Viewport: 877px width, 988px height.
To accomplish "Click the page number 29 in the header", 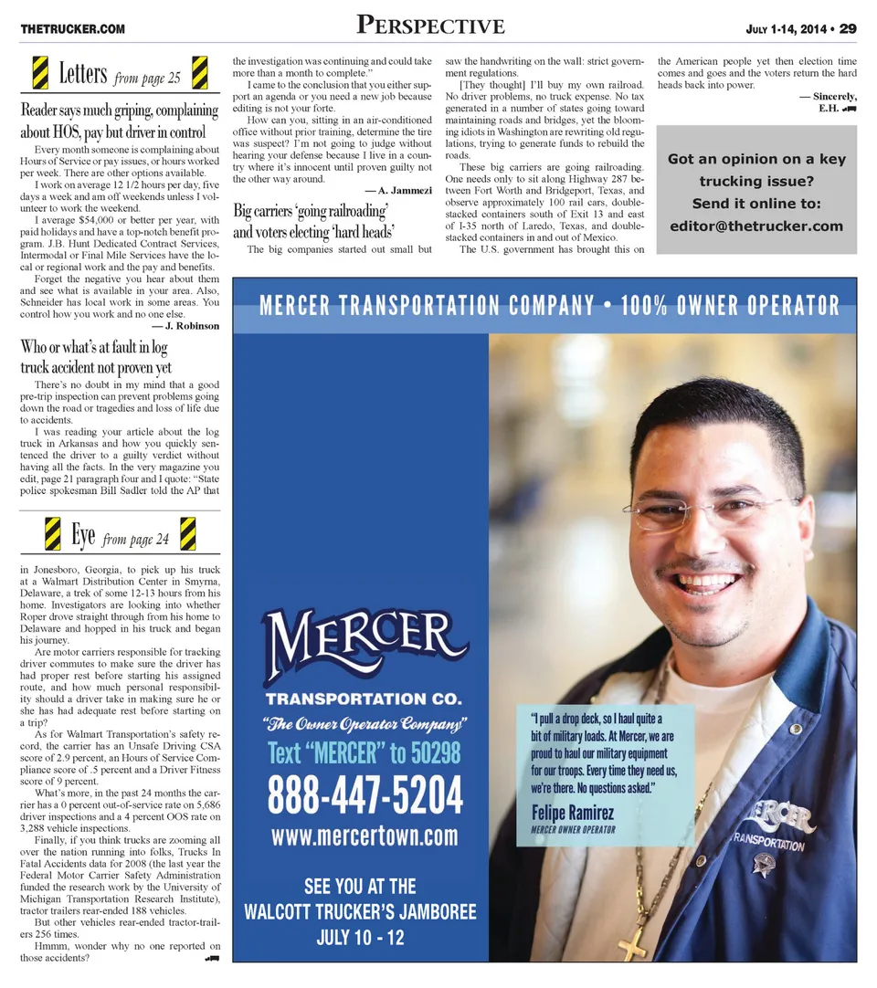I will [x=848, y=29].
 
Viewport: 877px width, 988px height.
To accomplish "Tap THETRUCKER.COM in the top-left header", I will [x=73, y=30].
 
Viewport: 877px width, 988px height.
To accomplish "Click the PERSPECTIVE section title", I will [x=430, y=26].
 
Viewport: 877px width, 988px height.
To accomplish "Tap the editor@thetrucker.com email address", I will [x=755, y=226].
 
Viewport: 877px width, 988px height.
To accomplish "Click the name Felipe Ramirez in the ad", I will [x=572, y=813].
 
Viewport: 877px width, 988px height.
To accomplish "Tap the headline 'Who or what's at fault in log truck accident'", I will [x=95, y=357].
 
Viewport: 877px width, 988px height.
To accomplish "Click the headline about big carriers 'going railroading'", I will [x=312, y=222].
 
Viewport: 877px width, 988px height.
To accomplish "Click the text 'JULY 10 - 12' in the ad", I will [x=360, y=938].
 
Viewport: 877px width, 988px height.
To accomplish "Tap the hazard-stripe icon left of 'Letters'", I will [x=40, y=73].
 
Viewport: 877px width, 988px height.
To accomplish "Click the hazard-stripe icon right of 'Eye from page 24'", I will [x=189, y=534].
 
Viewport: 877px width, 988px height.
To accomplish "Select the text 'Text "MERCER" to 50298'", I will [x=365, y=753].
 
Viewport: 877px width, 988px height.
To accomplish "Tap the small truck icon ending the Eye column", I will [x=212, y=959].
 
